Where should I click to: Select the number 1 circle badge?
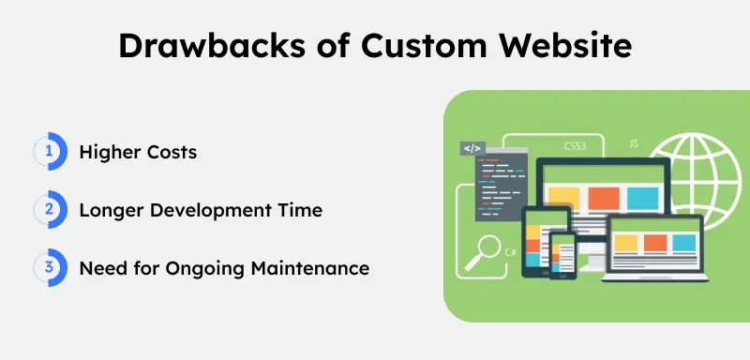[x=48, y=152]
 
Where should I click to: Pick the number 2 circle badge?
[x=48, y=210]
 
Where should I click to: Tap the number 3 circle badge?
[x=48, y=268]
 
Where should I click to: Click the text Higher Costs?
[x=138, y=152]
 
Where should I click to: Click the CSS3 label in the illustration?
[x=575, y=146]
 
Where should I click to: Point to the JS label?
[x=634, y=145]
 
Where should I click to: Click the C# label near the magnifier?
[x=511, y=252]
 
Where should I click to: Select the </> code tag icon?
[x=472, y=149]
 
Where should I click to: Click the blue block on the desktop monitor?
[x=642, y=198]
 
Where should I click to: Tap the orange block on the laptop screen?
[x=654, y=244]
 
